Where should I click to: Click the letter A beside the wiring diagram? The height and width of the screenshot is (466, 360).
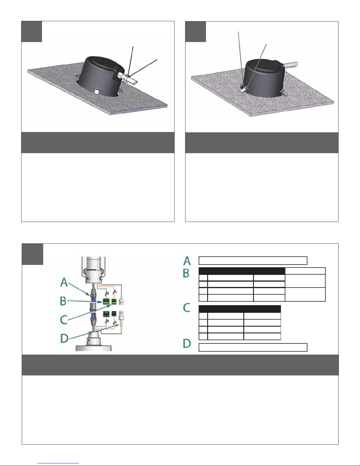coord(64,282)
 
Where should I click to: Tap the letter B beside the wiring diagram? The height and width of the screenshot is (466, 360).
coord(63,301)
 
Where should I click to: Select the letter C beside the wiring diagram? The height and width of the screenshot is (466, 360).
coord(64,320)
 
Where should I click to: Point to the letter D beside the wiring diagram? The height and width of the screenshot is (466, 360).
coord(64,338)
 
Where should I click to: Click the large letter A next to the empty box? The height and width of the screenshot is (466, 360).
coord(187,261)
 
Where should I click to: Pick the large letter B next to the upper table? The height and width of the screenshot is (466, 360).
coord(186,273)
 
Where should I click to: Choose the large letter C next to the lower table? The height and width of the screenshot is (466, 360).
coord(187,308)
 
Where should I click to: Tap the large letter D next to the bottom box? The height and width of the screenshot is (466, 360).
coord(187,343)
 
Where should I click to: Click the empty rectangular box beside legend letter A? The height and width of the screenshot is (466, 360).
coord(253,260)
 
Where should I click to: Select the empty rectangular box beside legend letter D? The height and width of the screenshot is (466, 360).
coord(253,347)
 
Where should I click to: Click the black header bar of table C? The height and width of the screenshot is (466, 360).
coord(240,309)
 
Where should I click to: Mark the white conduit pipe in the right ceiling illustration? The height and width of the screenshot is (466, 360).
coord(290,65)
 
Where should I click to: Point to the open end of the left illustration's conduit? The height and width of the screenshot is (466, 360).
coord(136,82)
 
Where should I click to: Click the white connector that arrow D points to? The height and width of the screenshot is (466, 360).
coord(121,318)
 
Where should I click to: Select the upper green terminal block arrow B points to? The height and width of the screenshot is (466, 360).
coord(106,301)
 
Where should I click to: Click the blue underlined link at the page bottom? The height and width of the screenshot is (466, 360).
coord(58,462)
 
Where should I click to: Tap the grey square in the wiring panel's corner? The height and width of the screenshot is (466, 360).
coord(33,254)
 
